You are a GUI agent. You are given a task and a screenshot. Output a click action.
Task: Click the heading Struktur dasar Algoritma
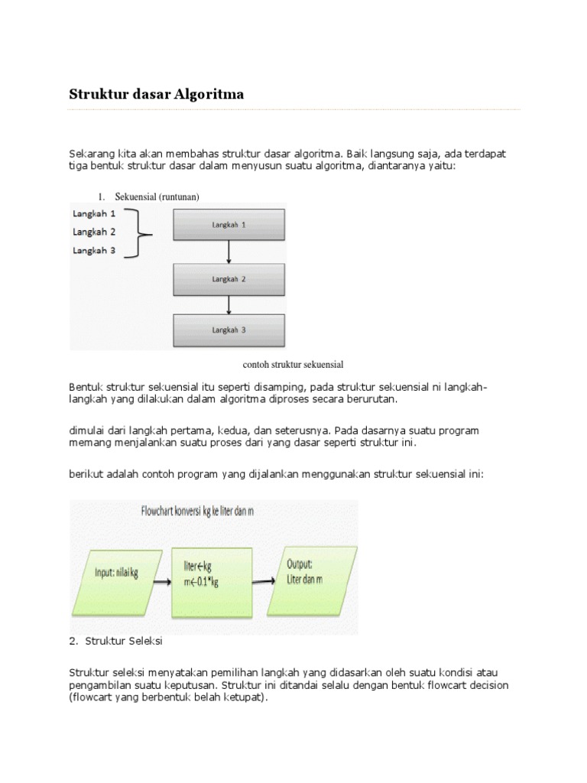(156, 95)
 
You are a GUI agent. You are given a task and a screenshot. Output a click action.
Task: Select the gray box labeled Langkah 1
(229, 225)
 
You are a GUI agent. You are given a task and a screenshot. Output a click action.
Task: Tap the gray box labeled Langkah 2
(229, 279)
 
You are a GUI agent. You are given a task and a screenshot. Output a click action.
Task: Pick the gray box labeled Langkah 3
(229, 331)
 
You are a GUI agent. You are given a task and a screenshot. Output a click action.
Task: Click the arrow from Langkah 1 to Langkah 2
(229, 252)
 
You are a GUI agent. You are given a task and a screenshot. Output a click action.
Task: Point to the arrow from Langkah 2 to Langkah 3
(229, 305)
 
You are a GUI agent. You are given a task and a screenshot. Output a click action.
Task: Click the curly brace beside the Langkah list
(139, 232)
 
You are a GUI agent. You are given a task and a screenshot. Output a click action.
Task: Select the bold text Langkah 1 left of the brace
(94, 214)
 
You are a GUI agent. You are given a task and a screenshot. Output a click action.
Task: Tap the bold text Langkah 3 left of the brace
(94, 250)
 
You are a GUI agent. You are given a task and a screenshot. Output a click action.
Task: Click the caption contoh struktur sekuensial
(287, 365)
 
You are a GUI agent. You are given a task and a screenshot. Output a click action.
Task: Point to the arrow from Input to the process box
(161, 582)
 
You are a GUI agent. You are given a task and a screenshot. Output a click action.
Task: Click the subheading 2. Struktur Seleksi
(115, 640)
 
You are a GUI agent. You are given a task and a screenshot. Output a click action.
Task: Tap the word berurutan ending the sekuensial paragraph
(366, 399)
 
